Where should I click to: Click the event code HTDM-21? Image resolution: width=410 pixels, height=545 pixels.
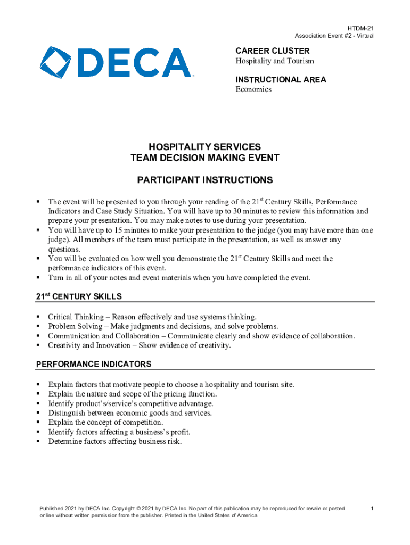[x=360, y=28]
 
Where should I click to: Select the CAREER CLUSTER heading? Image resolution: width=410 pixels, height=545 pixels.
[x=272, y=51]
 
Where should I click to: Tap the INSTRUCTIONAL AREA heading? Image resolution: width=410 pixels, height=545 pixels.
[x=281, y=80]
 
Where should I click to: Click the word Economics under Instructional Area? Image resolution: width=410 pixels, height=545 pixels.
[x=253, y=89]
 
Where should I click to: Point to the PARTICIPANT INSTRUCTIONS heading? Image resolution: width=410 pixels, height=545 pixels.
[x=205, y=180]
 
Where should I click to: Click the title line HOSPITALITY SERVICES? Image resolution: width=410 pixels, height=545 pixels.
[x=205, y=146]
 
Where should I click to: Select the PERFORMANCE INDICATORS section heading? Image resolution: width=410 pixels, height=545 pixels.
[x=94, y=364]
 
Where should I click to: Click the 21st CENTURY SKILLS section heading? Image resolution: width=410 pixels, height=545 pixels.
[x=79, y=296]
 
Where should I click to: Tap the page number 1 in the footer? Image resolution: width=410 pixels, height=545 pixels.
[x=373, y=509]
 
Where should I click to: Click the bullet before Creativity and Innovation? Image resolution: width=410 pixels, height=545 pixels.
[x=39, y=345]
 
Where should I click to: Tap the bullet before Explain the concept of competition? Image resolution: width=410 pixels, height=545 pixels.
[x=39, y=423]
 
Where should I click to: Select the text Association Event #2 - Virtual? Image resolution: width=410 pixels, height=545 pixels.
[x=334, y=36]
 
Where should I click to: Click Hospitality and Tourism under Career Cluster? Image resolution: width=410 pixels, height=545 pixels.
[x=275, y=61]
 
